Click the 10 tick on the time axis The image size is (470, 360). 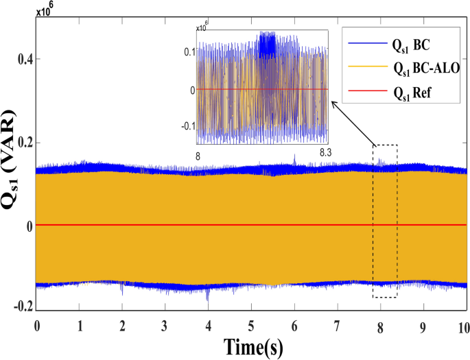[465, 324]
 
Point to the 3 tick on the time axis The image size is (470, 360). [165, 324]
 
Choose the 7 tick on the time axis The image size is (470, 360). [337, 324]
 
